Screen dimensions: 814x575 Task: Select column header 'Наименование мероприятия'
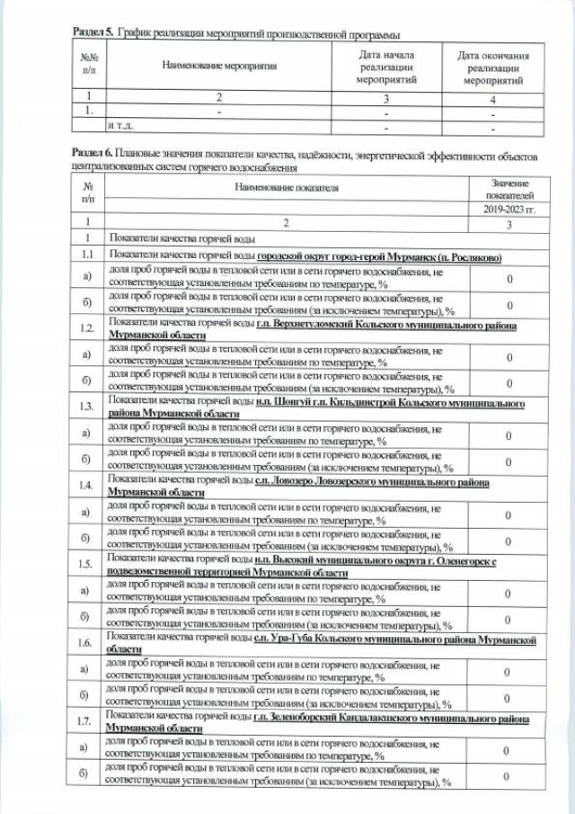click(219, 66)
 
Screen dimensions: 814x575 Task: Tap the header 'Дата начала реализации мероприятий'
click(387, 67)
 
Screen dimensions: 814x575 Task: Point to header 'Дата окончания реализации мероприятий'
click(492, 67)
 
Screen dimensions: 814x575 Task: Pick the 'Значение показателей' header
click(509, 189)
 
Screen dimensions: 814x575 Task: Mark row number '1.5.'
click(87, 564)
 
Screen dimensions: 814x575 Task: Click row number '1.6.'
click(87, 643)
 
